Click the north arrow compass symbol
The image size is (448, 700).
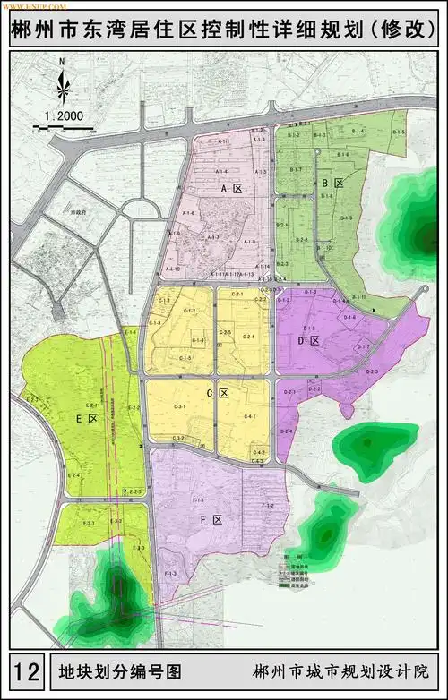[x=62, y=82]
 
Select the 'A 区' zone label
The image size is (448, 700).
[x=232, y=190]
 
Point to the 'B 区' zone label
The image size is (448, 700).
[x=332, y=183]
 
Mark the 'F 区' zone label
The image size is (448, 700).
[x=211, y=519]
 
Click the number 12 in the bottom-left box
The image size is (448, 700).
[x=28, y=669]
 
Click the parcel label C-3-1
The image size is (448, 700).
[x=179, y=407]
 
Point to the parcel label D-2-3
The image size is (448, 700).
[x=372, y=371]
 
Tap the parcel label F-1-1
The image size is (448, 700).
[x=198, y=499]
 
